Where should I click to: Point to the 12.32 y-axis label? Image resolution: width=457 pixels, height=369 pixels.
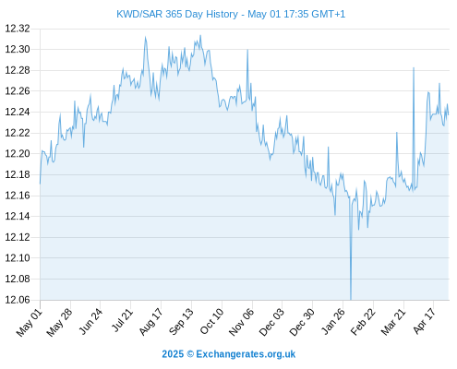18,29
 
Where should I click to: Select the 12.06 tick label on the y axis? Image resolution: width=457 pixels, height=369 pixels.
18,300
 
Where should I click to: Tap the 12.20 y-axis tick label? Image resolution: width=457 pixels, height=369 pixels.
18,154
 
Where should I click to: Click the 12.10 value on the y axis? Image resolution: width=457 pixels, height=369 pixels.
18,258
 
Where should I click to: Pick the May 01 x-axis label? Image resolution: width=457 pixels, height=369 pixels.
29,322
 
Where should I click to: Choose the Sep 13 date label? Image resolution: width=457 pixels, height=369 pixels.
181,321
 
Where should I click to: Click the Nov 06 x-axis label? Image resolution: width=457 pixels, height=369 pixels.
241,321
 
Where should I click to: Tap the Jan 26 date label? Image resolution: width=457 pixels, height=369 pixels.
332,321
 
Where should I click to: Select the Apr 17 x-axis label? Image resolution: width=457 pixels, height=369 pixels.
424,321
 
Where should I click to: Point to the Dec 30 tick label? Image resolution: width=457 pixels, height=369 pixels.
302,321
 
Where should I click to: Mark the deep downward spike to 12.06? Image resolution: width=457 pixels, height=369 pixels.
351,299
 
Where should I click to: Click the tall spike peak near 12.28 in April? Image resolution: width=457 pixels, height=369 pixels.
414,68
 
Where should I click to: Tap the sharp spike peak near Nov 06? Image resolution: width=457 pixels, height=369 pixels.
247,50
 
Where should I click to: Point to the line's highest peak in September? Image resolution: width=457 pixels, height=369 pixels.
200,36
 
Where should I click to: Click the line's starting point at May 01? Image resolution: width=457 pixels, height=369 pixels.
40,184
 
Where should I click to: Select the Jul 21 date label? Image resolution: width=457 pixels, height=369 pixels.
122,320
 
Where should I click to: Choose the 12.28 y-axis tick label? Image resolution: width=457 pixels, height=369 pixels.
18,70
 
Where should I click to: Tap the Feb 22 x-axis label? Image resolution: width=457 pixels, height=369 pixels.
363,321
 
